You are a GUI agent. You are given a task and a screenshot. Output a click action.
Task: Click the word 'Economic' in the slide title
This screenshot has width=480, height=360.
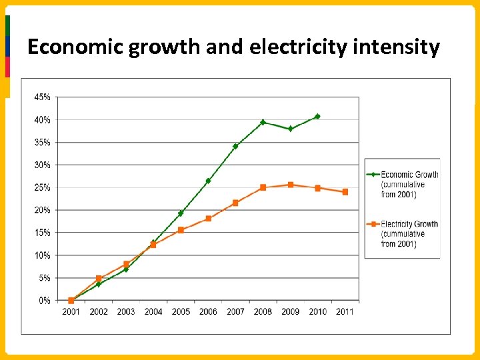tap(67, 48)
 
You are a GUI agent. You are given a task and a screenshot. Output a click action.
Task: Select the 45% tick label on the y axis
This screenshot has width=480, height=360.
tap(42, 97)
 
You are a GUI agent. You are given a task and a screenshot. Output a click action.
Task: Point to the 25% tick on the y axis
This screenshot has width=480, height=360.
tap(42, 187)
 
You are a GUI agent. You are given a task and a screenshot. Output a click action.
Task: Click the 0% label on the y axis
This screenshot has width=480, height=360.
tap(44, 301)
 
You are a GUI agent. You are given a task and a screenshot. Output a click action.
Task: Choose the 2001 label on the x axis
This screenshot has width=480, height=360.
tap(71, 311)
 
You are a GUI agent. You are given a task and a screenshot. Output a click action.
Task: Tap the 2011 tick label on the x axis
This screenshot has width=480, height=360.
tap(345, 311)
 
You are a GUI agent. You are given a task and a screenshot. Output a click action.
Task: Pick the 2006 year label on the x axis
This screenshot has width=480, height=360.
tap(208, 311)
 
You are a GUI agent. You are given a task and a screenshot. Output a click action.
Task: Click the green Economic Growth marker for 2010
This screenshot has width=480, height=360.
tap(317, 117)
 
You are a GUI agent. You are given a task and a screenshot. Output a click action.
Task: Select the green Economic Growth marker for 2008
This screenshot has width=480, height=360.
tap(263, 123)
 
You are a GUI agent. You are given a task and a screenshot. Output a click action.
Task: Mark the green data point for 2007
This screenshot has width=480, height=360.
tap(235, 146)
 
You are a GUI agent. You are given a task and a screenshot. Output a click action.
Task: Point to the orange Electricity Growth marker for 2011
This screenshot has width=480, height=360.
tap(345, 192)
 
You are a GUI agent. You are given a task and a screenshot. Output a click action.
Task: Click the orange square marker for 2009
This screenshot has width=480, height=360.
tap(290, 185)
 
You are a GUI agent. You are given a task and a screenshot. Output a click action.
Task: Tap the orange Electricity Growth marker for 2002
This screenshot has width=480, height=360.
tap(99, 279)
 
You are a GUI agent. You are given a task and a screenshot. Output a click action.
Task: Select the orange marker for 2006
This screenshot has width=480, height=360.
tap(208, 219)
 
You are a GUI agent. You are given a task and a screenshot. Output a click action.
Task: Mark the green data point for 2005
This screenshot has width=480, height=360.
tap(181, 213)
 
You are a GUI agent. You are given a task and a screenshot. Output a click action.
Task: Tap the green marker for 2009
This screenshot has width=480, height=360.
tap(290, 129)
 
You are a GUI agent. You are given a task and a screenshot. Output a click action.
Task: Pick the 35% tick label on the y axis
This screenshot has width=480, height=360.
tap(42, 142)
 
